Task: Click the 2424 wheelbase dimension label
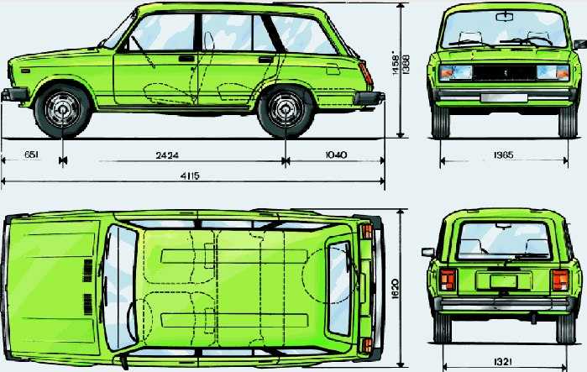pos(167,155)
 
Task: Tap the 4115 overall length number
pos(190,176)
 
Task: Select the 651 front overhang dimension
pos(31,155)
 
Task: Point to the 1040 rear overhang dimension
pos(336,155)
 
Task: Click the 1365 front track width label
pos(504,155)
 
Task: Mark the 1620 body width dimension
pos(395,289)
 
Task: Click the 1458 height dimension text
pos(396,63)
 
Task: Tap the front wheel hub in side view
pos(62,110)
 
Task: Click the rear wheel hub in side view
pos(286,110)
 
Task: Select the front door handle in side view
pos(186,59)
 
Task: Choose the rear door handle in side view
pos(266,60)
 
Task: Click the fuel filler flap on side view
pos(333,69)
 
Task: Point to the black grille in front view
pos(504,72)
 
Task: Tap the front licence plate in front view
pos(504,98)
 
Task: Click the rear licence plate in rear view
pos(503,281)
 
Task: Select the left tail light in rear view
pos(448,280)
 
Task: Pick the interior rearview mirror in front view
pos(506,17)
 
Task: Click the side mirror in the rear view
pos(428,252)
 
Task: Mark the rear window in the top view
pos(339,288)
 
